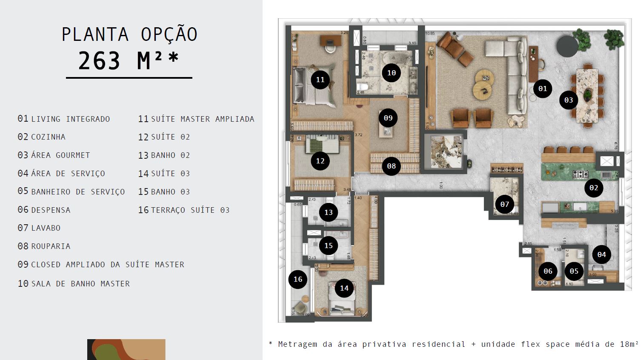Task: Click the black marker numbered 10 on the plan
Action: tap(392, 73)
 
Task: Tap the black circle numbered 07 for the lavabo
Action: tap(505, 204)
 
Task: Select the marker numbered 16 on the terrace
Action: tap(298, 279)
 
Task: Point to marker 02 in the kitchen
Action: tap(594, 188)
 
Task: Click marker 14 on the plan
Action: tap(344, 289)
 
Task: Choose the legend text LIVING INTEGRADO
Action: tap(70, 119)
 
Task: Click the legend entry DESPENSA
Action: tap(51, 210)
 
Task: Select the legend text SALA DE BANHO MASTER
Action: tap(80, 284)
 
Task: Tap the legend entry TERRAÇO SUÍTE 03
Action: tap(190, 210)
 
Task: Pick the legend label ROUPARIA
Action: tap(51, 246)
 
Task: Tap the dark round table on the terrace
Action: tap(567, 46)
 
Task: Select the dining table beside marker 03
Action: tap(587, 95)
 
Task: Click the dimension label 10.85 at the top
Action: tap(430, 33)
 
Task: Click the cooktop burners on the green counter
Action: tap(580, 174)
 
